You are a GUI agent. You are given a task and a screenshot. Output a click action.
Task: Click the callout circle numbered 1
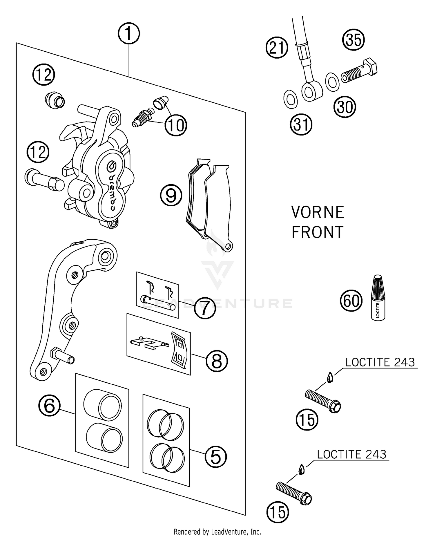pos(129,34)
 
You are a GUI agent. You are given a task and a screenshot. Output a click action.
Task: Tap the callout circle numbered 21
pos(277,48)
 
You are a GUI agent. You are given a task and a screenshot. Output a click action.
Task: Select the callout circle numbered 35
pos(354,39)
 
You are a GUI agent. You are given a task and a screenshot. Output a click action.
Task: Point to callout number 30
pos(345,107)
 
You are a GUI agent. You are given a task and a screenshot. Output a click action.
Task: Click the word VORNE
pos(318,212)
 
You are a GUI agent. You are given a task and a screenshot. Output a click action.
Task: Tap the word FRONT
pos(318,232)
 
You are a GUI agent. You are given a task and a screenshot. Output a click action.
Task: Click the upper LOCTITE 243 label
pos(380,363)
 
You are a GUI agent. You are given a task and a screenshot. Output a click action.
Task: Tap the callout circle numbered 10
pos(176,126)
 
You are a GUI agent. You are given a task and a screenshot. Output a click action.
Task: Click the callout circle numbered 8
pos(217,361)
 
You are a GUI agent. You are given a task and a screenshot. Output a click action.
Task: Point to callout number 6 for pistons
pos(49,406)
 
